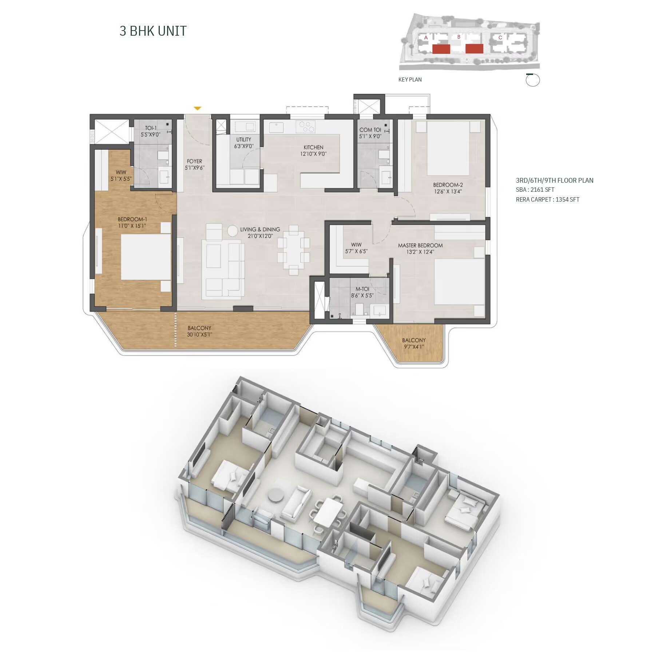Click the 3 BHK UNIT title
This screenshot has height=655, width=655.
tap(153, 31)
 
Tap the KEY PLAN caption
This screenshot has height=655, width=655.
tap(410, 80)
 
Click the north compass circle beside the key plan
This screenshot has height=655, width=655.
tap(533, 80)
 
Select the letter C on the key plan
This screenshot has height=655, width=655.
tap(500, 37)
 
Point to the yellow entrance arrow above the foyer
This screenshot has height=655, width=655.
tap(197, 108)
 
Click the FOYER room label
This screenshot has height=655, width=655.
tap(194, 161)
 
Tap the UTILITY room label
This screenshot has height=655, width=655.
tap(243, 139)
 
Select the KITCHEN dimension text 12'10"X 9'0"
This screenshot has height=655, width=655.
tap(313, 154)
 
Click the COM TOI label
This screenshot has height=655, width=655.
tap(370, 130)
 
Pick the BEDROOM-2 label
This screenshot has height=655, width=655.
tap(448, 185)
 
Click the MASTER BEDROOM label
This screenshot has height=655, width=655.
tap(420, 246)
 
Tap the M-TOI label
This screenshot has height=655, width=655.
tap(362, 289)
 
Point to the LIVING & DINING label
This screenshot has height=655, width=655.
tap(260, 230)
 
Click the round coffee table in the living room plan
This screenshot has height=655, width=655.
tap(233, 230)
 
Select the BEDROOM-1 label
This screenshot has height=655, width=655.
tap(132, 219)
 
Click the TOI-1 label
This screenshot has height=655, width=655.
tap(151, 128)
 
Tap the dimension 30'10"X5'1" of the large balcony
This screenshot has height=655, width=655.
tap(199, 335)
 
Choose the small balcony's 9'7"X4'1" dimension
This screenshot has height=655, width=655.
tap(414, 347)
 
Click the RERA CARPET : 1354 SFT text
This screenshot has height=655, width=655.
tap(548, 199)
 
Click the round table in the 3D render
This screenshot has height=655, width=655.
tap(276, 495)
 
